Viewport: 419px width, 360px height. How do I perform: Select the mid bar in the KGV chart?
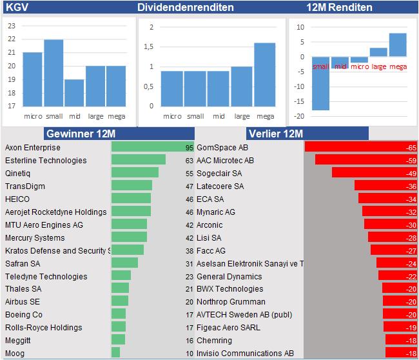(75, 93)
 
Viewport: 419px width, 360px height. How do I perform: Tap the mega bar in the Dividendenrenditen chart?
(265, 74)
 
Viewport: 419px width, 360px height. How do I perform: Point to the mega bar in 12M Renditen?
(398, 45)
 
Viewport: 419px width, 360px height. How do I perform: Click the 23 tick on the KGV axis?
(11, 26)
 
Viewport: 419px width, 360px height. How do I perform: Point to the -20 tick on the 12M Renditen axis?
(300, 116)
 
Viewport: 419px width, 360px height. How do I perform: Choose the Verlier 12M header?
(275, 134)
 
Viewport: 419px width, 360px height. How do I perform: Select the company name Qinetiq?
(17, 173)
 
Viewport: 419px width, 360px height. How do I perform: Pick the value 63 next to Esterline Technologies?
(189, 160)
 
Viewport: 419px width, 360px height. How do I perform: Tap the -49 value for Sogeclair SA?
(411, 173)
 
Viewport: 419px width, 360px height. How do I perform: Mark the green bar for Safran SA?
(124, 263)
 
